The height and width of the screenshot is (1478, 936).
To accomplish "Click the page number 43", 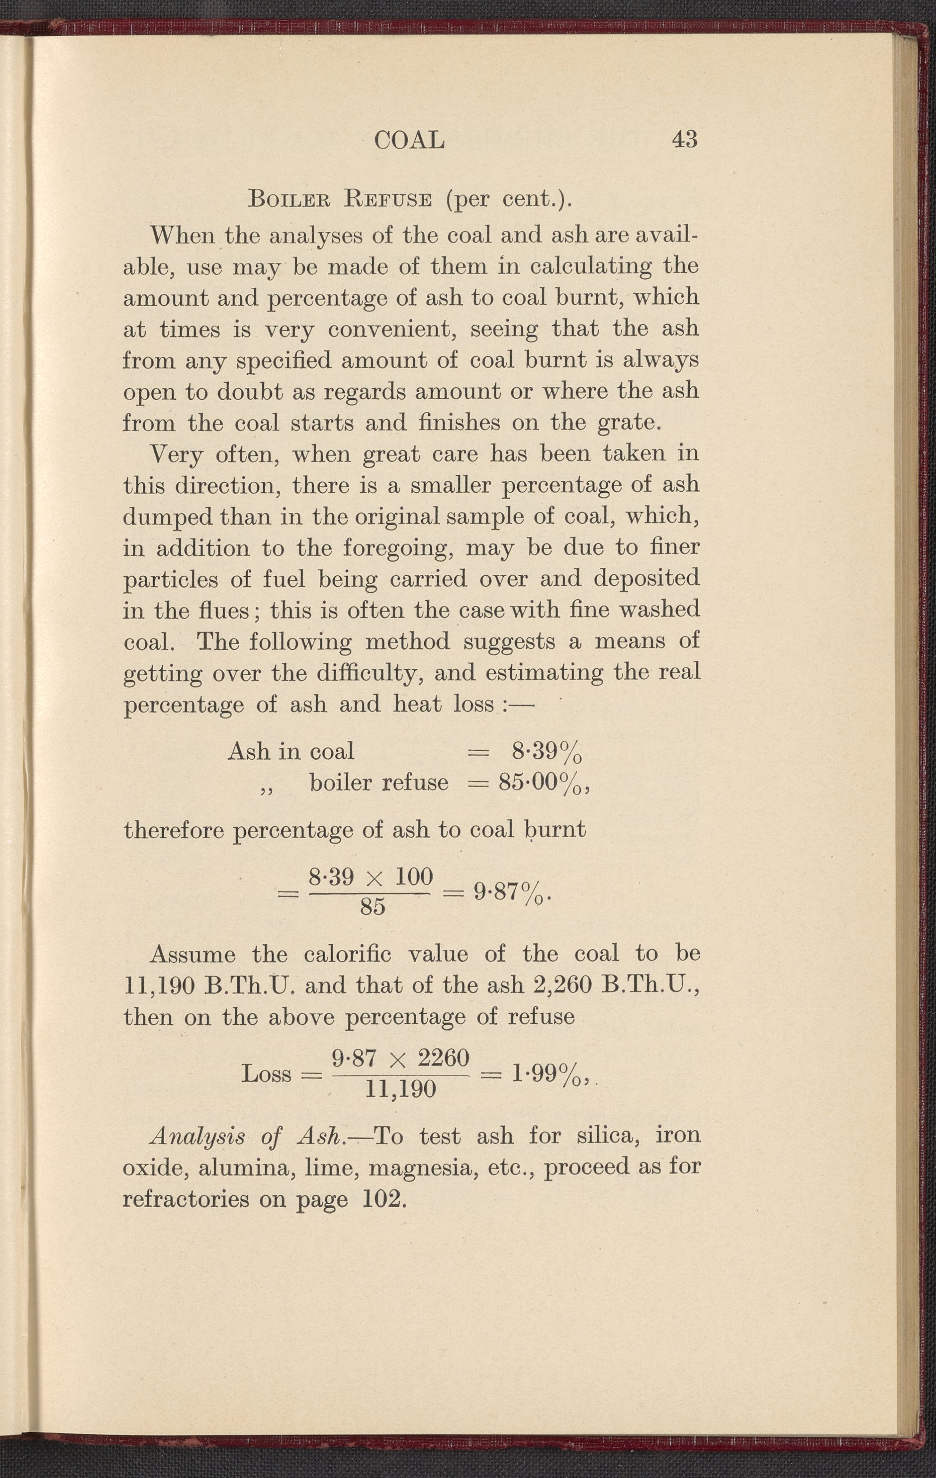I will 685,139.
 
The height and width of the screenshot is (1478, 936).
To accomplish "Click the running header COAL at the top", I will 409,141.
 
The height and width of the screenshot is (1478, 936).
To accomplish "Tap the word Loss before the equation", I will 267,1074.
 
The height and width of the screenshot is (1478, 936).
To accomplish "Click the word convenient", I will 393,329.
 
